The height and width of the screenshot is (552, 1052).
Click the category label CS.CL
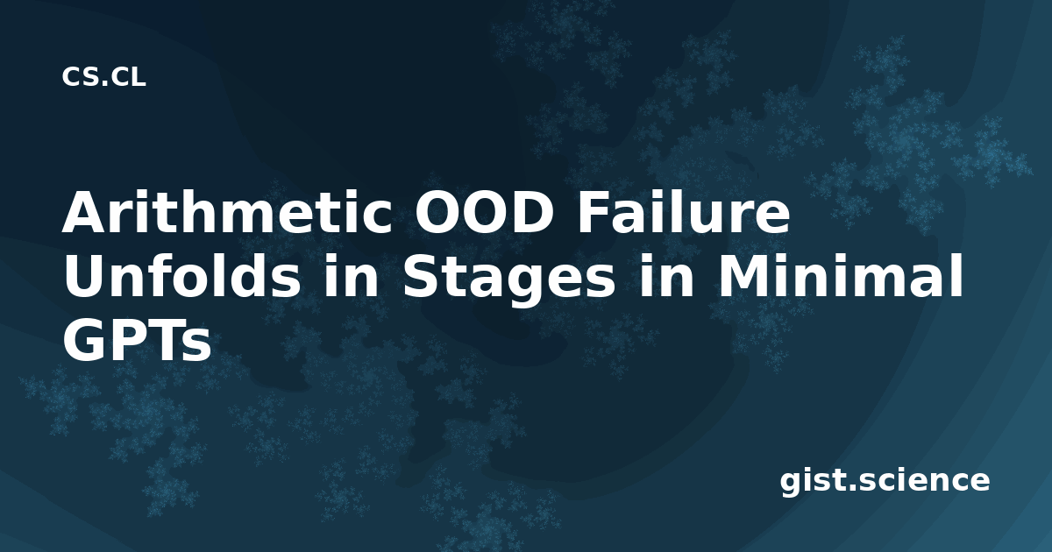pos(103,77)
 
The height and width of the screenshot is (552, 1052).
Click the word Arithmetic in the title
pos(228,213)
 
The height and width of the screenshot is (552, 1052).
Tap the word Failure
pos(684,213)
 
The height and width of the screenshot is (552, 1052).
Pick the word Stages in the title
pos(509,280)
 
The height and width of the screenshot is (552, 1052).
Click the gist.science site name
pos(885,481)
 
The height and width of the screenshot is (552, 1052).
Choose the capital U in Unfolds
pos(84,277)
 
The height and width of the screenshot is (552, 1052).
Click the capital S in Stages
pos(420,276)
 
